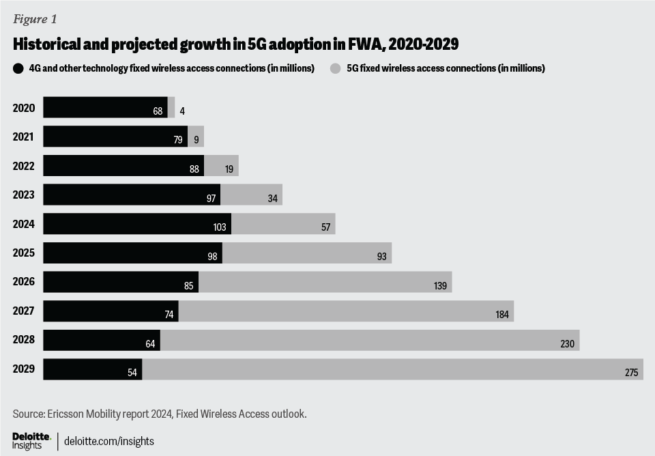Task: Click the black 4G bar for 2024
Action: (x=136, y=224)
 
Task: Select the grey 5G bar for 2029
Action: (x=392, y=369)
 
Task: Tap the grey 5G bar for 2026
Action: (x=325, y=282)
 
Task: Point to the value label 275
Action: (x=631, y=373)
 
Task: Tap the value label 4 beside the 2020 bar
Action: (x=182, y=111)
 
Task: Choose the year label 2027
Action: (x=23, y=311)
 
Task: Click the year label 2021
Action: (x=23, y=137)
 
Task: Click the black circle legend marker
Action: (x=17, y=68)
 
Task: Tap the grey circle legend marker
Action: (x=335, y=68)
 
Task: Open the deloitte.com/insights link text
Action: (x=108, y=441)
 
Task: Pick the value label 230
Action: (x=568, y=344)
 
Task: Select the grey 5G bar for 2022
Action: (x=221, y=166)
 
